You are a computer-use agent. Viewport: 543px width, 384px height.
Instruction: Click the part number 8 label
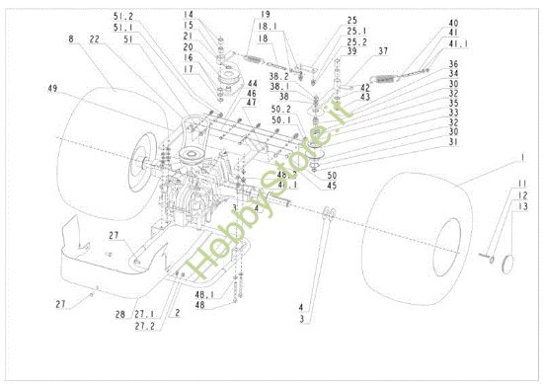[x=71, y=39]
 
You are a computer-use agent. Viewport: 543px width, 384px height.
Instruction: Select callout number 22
[x=94, y=39]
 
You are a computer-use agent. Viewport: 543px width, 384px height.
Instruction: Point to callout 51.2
[x=123, y=16]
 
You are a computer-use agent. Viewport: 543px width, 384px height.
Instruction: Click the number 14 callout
[x=215, y=15]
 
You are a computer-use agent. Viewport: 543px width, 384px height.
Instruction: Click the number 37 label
[x=382, y=51]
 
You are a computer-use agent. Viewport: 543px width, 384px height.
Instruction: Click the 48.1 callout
[x=203, y=295]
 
